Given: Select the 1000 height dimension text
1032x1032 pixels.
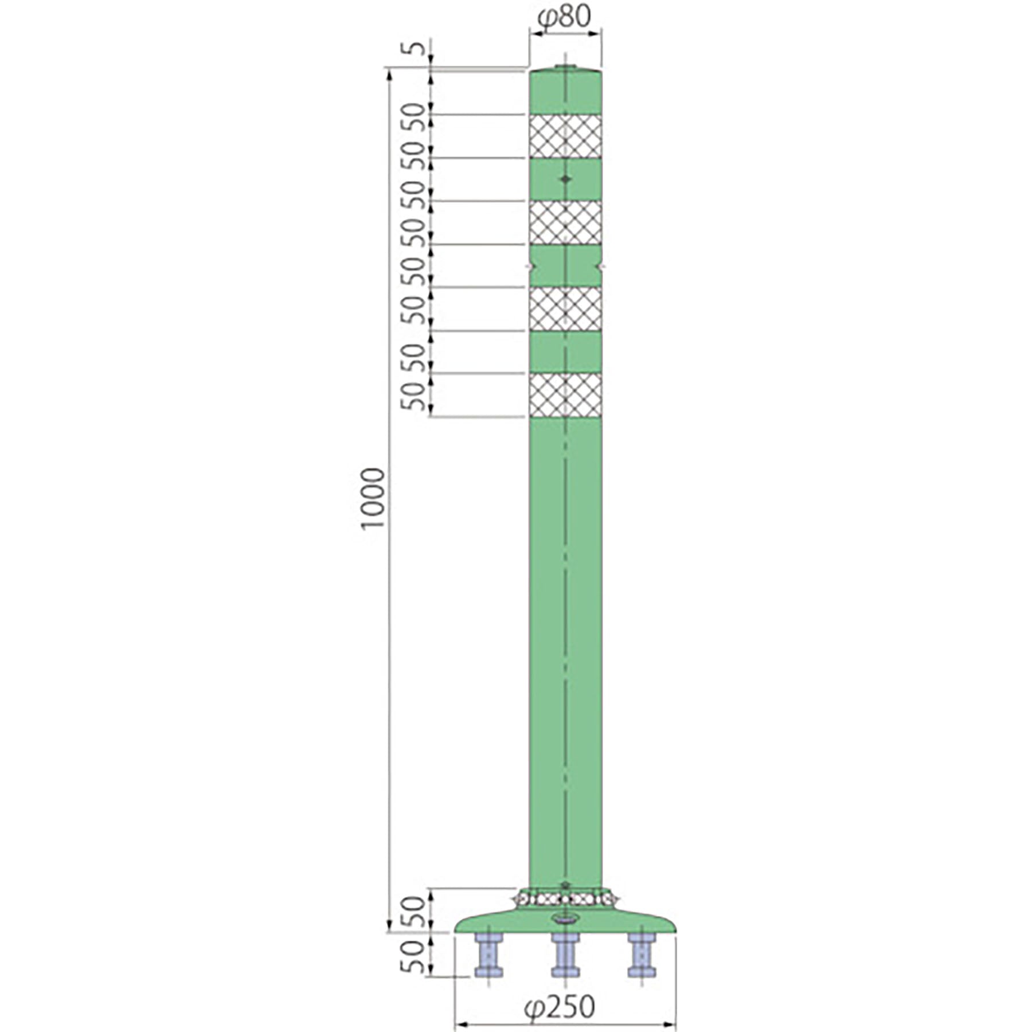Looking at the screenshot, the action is coord(373,499).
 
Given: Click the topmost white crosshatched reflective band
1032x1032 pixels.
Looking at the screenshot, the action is coord(565,136).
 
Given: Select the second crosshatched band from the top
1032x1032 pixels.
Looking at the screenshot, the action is coord(565,222).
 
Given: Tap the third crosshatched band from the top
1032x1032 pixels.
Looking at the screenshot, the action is coord(565,308).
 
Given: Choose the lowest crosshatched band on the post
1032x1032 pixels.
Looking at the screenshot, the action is coord(565,395).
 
